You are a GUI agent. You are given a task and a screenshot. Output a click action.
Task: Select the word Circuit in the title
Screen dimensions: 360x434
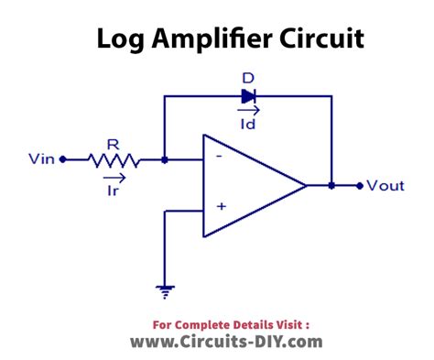(321, 40)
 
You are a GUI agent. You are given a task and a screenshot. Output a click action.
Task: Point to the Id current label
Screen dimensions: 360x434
(248, 122)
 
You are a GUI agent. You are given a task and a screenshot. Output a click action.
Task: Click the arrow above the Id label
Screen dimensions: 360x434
(248, 109)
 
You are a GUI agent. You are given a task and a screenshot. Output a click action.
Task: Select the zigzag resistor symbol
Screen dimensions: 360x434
(114, 159)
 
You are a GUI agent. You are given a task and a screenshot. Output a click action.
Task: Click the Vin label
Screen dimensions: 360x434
(40, 159)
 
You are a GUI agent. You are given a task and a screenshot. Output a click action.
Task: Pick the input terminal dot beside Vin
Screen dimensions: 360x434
(62, 159)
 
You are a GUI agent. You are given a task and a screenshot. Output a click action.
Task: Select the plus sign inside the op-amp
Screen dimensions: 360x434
(221, 207)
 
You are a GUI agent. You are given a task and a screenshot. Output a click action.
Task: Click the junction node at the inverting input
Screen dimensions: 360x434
(163, 159)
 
